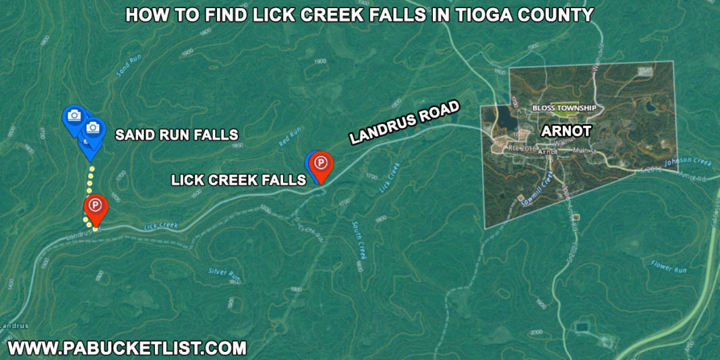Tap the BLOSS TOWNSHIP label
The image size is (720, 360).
coord(564,108)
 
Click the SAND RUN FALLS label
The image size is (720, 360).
coord(177,135)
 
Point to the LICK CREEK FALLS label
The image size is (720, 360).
coord(239,180)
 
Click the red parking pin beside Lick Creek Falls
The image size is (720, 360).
coord(322,165)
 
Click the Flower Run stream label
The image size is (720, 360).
coord(668,266)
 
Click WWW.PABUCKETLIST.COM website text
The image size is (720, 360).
coord(126,349)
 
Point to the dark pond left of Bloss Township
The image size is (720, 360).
coord(504,118)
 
